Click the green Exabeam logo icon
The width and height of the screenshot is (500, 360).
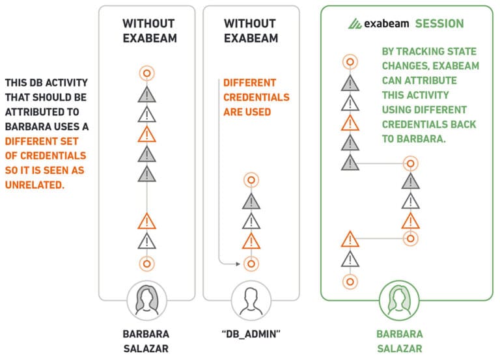pyautogui.click(x=355, y=23)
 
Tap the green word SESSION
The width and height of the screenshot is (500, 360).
pyautogui.click(x=439, y=23)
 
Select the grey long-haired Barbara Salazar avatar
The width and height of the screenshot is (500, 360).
pyautogui.click(x=146, y=300)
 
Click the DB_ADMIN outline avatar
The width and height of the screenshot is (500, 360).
pyautogui.click(x=251, y=300)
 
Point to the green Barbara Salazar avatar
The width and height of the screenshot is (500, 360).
pyautogui.click(x=399, y=300)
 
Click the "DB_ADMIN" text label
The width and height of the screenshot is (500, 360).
pyautogui.click(x=251, y=334)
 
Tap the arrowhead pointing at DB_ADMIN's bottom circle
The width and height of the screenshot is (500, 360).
pyautogui.click(x=238, y=264)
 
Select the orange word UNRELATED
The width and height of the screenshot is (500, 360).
pyautogui.click(x=35, y=185)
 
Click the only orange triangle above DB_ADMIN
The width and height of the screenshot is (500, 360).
pyautogui.click(x=251, y=241)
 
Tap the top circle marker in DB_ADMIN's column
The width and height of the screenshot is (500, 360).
pyautogui.click(x=251, y=180)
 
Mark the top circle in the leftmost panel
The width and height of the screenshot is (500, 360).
pyautogui.click(x=147, y=74)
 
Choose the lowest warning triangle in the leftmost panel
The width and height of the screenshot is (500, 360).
pyautogui.click(x=147, y=241)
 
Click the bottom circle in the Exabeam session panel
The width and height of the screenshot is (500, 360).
pyautogui.click(x=350, y=282)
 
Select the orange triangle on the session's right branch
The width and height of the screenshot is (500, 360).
pyautogui.click(x=410, y=221)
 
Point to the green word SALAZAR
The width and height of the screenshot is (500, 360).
pyautogui.click(x=400, y=348)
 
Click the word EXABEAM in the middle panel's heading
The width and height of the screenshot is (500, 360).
pyautogui.click(x=251, y=38)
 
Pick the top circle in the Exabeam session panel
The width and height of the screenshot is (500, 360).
pyautogui.click(x=350, y=62)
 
